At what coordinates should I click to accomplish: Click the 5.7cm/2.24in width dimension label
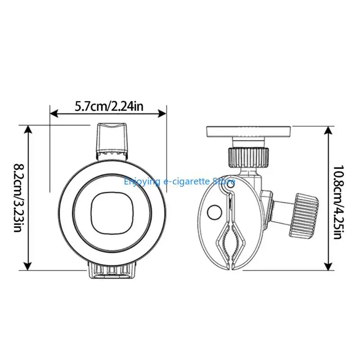109,106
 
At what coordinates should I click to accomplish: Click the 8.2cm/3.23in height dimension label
18,198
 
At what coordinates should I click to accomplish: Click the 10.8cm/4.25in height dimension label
339,202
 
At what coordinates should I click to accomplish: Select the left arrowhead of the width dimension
54,113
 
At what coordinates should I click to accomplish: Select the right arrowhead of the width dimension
162,113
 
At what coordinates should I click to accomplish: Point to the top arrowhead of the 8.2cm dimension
28,129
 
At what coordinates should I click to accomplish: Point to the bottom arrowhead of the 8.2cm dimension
28,266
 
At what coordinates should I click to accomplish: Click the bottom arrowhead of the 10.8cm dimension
328,266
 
